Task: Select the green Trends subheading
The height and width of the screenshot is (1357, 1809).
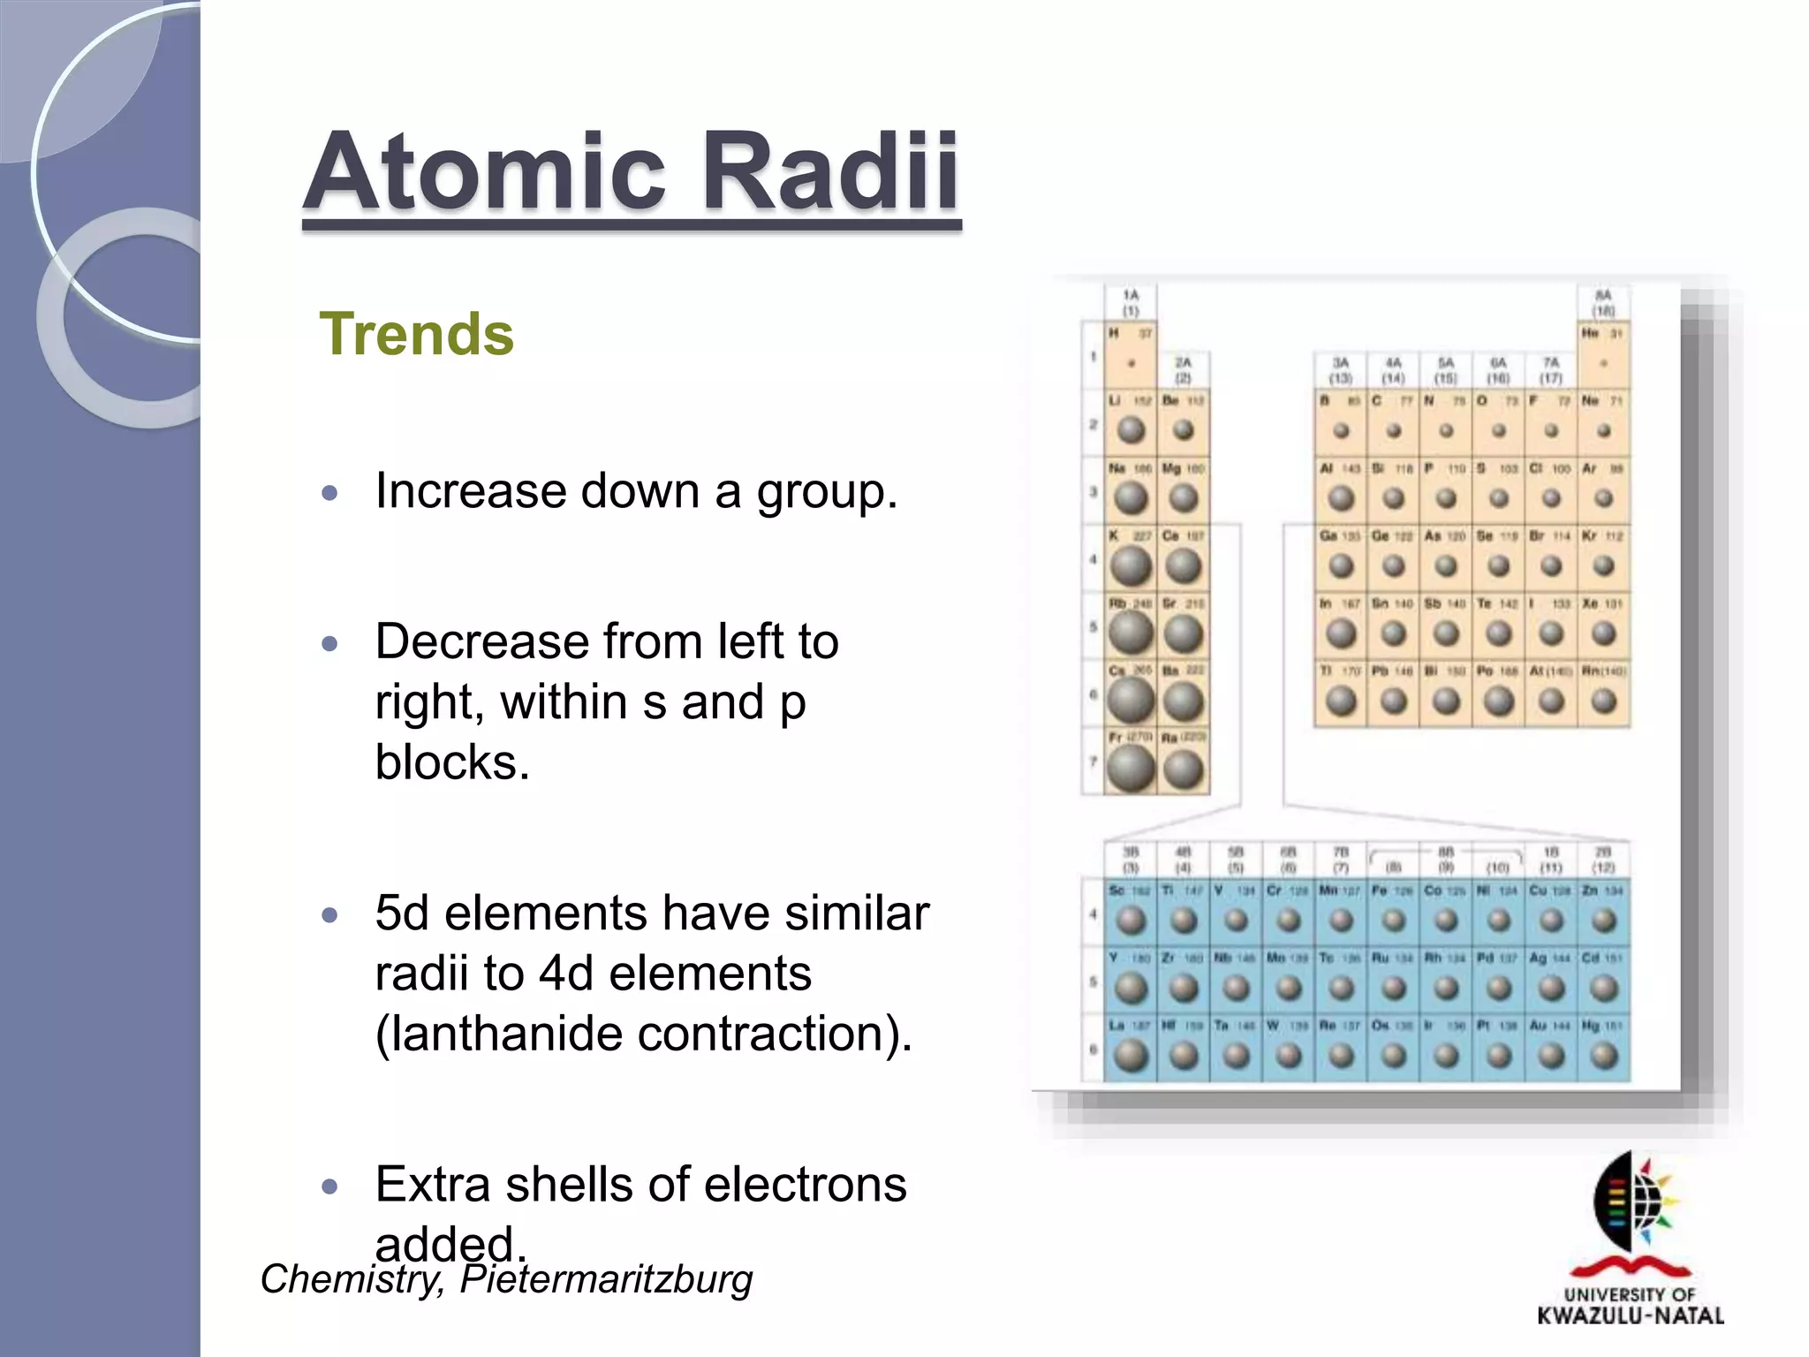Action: (x=416, y=335)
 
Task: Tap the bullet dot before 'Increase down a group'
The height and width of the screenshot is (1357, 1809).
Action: (x=330, y=492)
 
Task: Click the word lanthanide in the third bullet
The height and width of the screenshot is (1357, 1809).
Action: (x=503, y=1034)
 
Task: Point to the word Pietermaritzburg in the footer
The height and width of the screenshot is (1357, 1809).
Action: (x=606, y=1279)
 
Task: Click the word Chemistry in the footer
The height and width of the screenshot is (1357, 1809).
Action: (x=352, y=1279)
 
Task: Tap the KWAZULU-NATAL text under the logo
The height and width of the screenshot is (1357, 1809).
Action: (x=1631, y=1315)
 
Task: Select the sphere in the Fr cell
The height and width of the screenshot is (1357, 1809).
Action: (x=1131, y=768)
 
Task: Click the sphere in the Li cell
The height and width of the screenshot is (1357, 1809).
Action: (x=1131, y=430)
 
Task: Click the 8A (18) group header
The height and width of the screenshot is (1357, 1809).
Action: (x=1603, y=303)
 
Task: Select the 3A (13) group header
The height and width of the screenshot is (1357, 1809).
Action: (x=1341, y=370)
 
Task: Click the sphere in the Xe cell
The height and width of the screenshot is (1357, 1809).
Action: (x=1603, y=633)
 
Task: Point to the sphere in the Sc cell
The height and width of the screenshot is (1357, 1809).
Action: (x=1131, y=921)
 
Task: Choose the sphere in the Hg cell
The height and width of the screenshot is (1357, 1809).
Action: (x=1603, y=1055)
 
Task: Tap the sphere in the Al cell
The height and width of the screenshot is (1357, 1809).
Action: (x=1341, y=498)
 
